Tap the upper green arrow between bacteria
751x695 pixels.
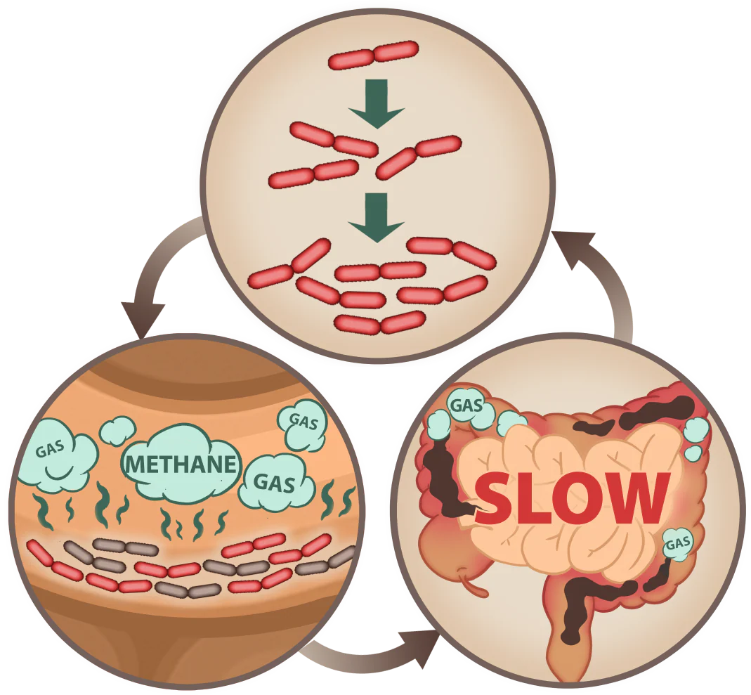[377, 103]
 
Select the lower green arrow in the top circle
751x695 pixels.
[377, 217]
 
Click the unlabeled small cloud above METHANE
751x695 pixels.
[117, 430]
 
